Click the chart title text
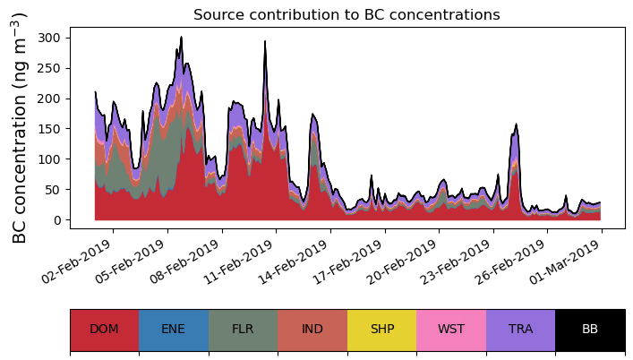click(346, 14)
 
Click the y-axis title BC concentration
click(21, 127)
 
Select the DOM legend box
click(104, 330)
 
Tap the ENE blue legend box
click(174, 330)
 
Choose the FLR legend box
click(243, 330)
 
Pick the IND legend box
click(312, 330)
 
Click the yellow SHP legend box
click(381, 330)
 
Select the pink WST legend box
click(451, 330)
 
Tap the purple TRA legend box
click(520, 330)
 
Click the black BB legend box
click(590, 330)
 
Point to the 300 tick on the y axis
click(50, 38)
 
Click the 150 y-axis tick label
click(50, 129)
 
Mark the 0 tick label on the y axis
click(56, 220)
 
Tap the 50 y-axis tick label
click(53, 190)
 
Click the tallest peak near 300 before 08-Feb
click(181, 39)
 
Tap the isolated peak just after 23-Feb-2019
click(517, 125)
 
